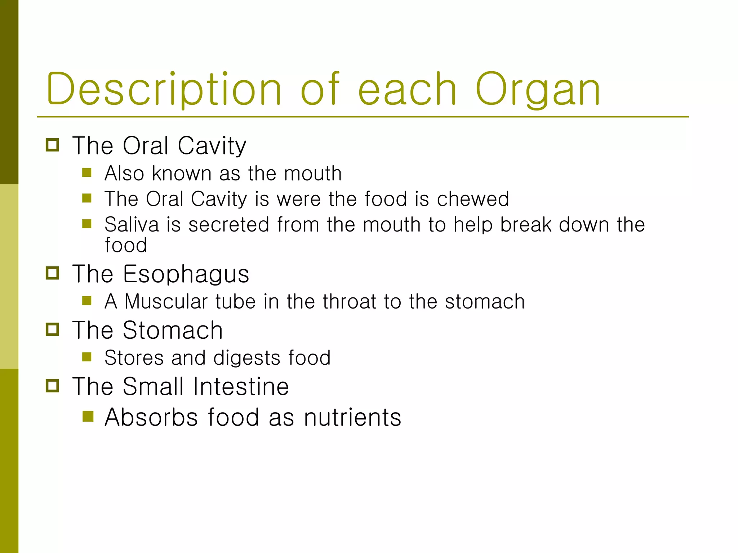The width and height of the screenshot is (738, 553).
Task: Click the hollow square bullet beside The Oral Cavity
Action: (x=53, y=145)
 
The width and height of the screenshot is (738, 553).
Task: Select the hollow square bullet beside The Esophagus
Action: (x=53, y=273)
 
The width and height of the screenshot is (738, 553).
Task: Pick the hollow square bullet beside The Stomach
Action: (x=53, y=329)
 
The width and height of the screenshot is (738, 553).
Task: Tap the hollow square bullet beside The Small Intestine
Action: (x=53, y=386)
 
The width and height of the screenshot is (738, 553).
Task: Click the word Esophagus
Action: (x=186, y=274)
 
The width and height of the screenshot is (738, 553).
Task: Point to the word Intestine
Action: (x=241, y=387)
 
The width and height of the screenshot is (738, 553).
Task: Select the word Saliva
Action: (x=132, y=225)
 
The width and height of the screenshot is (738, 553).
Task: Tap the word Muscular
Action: (x=166, y=301)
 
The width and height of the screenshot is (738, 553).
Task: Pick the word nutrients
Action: (x=352, y=418)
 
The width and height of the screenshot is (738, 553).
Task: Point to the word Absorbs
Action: (x=151, y=418)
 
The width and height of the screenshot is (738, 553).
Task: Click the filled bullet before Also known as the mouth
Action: (x=87, y=173)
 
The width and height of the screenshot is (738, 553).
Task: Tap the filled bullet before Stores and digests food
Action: (x=87, y=357)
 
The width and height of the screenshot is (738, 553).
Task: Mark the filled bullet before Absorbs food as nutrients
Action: (x=88, y=417)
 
